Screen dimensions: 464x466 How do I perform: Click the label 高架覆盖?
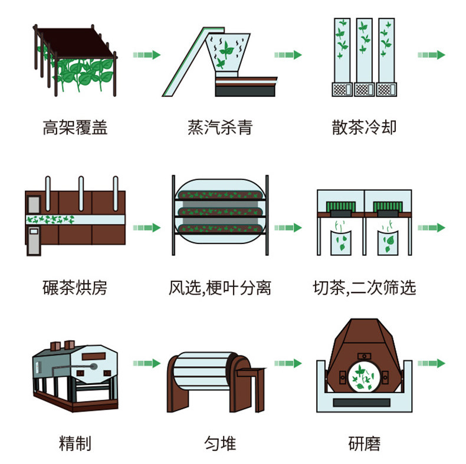coord(75,127)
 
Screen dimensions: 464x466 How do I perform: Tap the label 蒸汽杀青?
coord(220,127)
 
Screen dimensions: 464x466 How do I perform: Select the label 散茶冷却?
coord(364,127)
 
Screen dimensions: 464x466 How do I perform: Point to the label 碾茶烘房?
coord(75,288)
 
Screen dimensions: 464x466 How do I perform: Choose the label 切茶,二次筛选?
coord(365,288)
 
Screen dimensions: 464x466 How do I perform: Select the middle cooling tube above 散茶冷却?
coord(364,50)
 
